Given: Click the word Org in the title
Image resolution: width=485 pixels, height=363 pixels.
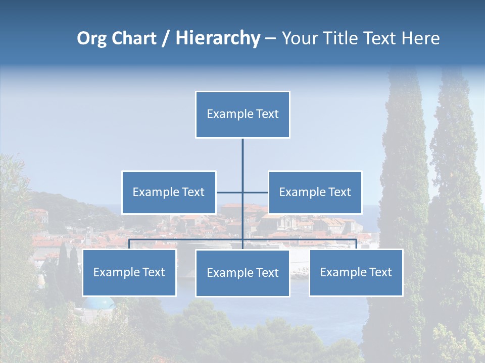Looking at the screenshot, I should tap(91, 38).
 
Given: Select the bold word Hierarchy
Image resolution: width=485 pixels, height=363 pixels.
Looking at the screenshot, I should tap(218, 38).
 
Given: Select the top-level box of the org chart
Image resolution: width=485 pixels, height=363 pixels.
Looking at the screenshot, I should tap(243, 114).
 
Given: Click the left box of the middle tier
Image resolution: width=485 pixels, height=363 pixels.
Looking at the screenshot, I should tap(169, 192).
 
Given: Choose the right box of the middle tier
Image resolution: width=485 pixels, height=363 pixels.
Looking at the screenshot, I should tap(315, 192).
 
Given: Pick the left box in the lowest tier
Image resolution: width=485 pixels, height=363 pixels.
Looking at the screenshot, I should tap(129, 272).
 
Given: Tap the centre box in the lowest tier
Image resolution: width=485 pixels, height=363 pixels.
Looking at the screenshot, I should tap(243, 273).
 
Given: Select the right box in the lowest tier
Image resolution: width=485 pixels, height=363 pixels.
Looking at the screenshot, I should tap(356, 272).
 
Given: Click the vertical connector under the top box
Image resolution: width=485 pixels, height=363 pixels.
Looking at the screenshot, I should tap(243, 161).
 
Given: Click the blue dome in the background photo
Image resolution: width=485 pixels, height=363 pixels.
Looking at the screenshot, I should tap(99, 302).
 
